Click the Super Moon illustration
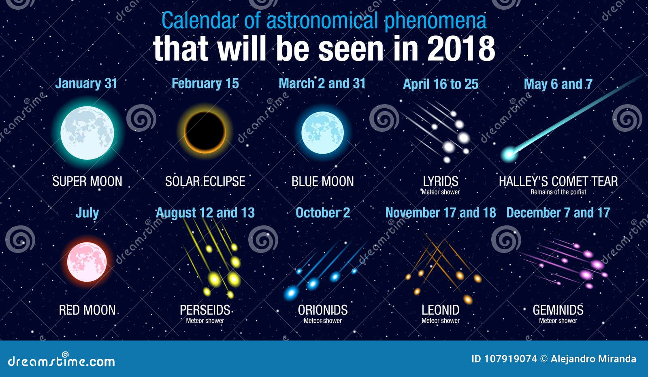[x=87, y=133]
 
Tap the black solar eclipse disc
[x=205, y=131]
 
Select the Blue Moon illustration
[x=322, y=133]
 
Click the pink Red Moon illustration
[x=87, y=261]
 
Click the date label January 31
[x=86, y=84]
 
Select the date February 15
[x=205, y=84]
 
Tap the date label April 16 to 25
[x=441, y=84]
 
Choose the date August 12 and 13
[x=205, y=213]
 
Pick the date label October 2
[x=322, y=213]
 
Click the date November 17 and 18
[x=441, y=213]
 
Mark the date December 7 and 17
[x=558, y=213]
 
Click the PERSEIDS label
[x=205, y=310]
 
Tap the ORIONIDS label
[x=323, y=310]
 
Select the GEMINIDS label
[x=558, y=310]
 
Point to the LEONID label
[x=441, y=310]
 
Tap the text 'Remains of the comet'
[x=558, y=192]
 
